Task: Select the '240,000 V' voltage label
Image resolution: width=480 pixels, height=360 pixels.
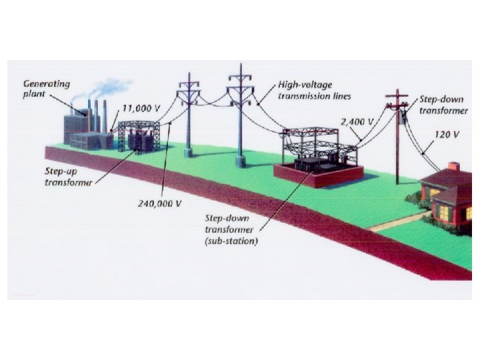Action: point(159,203)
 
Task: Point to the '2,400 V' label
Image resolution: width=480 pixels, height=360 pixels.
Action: point(357,123)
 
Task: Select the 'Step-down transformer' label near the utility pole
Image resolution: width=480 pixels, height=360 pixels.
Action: point(443,105)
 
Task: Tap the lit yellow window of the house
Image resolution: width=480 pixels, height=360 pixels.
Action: point(439,208)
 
